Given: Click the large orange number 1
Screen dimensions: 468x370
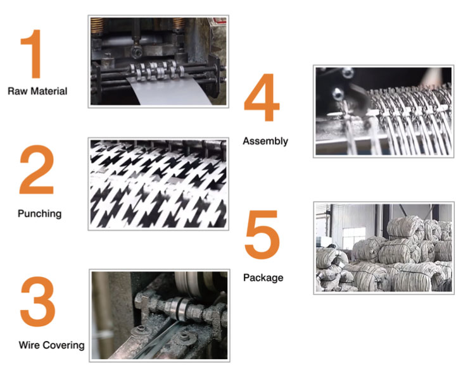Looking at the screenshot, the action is tap(32, 54).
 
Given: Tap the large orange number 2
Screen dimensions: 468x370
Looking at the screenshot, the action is tap(36, 170).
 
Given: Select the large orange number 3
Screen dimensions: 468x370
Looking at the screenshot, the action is tap(37, 301).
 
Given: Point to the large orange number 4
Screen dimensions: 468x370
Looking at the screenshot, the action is tap(262, 97).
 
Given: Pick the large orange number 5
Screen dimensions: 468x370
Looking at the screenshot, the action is tap(262, 235).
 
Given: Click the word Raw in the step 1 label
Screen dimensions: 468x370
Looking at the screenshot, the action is tap(16, 91).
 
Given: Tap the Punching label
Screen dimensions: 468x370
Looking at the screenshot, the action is tap(40, 214).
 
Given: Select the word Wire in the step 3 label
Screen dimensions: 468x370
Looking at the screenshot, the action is tap(28, 345).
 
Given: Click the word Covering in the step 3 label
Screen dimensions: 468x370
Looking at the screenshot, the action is tap(63, 345).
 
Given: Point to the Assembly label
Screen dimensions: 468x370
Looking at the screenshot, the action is tap(265, 141).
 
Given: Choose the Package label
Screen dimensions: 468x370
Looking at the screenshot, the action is tap(263, 278).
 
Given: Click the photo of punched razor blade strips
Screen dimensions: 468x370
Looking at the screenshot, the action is tap(158, 184).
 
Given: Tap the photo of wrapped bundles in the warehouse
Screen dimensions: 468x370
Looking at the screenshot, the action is tap(384, 248).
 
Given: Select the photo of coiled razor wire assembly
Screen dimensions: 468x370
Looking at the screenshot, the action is tap(384, 111).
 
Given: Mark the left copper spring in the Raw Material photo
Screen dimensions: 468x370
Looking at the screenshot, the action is tap(97, 25).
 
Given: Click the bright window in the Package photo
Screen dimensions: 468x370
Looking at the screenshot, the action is tap(354, 238).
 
